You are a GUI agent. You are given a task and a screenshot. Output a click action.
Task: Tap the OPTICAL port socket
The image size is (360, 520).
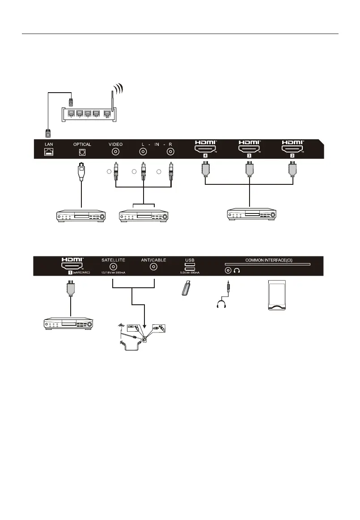(82, 152)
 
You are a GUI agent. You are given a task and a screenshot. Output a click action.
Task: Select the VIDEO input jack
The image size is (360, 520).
(116, 152)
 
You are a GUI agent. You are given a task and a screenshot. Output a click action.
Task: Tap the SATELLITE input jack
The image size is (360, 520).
(113, 267)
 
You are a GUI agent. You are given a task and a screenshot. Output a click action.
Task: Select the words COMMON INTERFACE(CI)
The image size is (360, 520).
(267, 259)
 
